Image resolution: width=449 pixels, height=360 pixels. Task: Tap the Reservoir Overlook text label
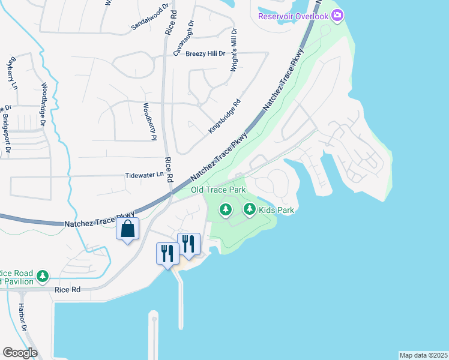[x=294, y=16]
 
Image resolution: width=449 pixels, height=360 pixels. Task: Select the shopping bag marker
[x=128, y=229]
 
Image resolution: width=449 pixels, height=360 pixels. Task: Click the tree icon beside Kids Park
[x=250, y=209]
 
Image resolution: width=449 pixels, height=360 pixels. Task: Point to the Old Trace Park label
[x=218, y=190]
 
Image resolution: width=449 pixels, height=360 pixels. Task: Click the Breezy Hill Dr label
[x=205, y=53]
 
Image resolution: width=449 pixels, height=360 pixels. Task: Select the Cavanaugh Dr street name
[x=184, y=38]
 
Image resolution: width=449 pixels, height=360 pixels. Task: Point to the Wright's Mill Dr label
[x=234, y=50]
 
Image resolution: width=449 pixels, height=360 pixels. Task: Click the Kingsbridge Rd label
[x=224, y=116]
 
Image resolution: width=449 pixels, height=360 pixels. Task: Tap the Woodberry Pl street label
[x=146, y=122]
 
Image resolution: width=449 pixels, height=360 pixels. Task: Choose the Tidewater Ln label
[x=144, y=175]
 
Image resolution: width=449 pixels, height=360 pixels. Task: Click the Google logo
[x=19, y=353]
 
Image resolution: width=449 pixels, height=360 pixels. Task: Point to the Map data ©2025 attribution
[x=423, y=355]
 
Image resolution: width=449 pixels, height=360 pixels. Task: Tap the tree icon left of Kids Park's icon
[x=226, y=209]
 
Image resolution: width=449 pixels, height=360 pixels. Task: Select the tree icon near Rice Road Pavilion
[x=42, y=276]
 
